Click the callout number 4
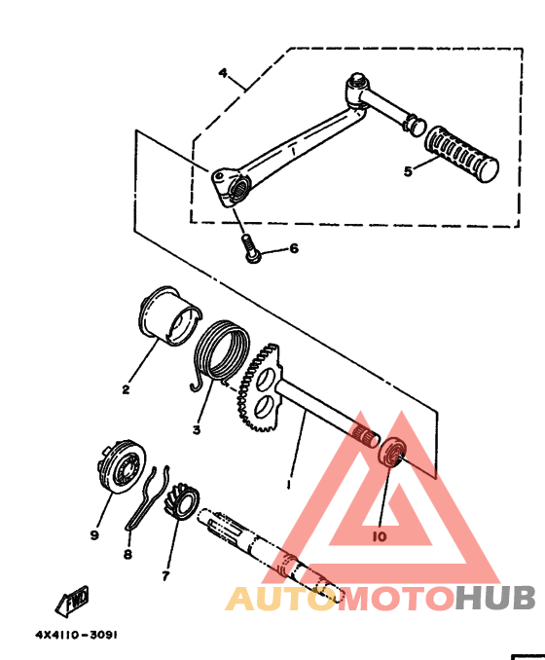tap(223, 73)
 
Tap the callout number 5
tap(408, 171)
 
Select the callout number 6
tap(294, 248)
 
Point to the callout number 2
tap(126, 389)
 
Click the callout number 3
tap(197, 429)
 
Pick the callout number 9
tap(94, 535)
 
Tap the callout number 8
tap(127, 554)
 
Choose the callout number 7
tap(165, 575)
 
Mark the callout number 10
tap(380, 536)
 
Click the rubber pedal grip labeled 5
tap(461, 154)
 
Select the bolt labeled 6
tap(251, 249)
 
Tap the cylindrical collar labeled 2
tap(169, 315)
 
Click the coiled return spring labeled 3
tap(221, 353)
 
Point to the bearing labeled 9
tap(122, 467)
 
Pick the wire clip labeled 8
tap(147, 498)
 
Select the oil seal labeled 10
tap(391, 453)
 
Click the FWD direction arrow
tap(72, 601)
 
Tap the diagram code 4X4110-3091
tap(76, 635)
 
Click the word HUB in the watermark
tap(495, 598)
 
